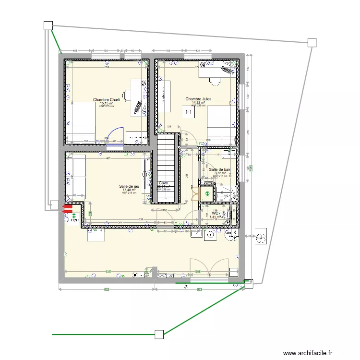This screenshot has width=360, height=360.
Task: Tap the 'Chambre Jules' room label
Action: (x=198, y=99)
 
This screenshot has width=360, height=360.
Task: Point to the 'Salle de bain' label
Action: (x=220, y=169)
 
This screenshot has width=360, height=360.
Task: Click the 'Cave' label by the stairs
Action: (x=164, y=183)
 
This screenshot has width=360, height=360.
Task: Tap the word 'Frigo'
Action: (x=72, y=220)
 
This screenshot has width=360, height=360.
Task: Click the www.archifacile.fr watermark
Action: (x=308, y=353)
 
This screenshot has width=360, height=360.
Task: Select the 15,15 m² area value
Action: (x=106, y=103)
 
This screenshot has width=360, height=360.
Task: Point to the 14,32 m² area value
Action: (x=198, y=102)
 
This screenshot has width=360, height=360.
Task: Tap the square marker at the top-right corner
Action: (x=312, y=43)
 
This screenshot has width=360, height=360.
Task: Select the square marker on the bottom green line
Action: (x=159, y=334)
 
